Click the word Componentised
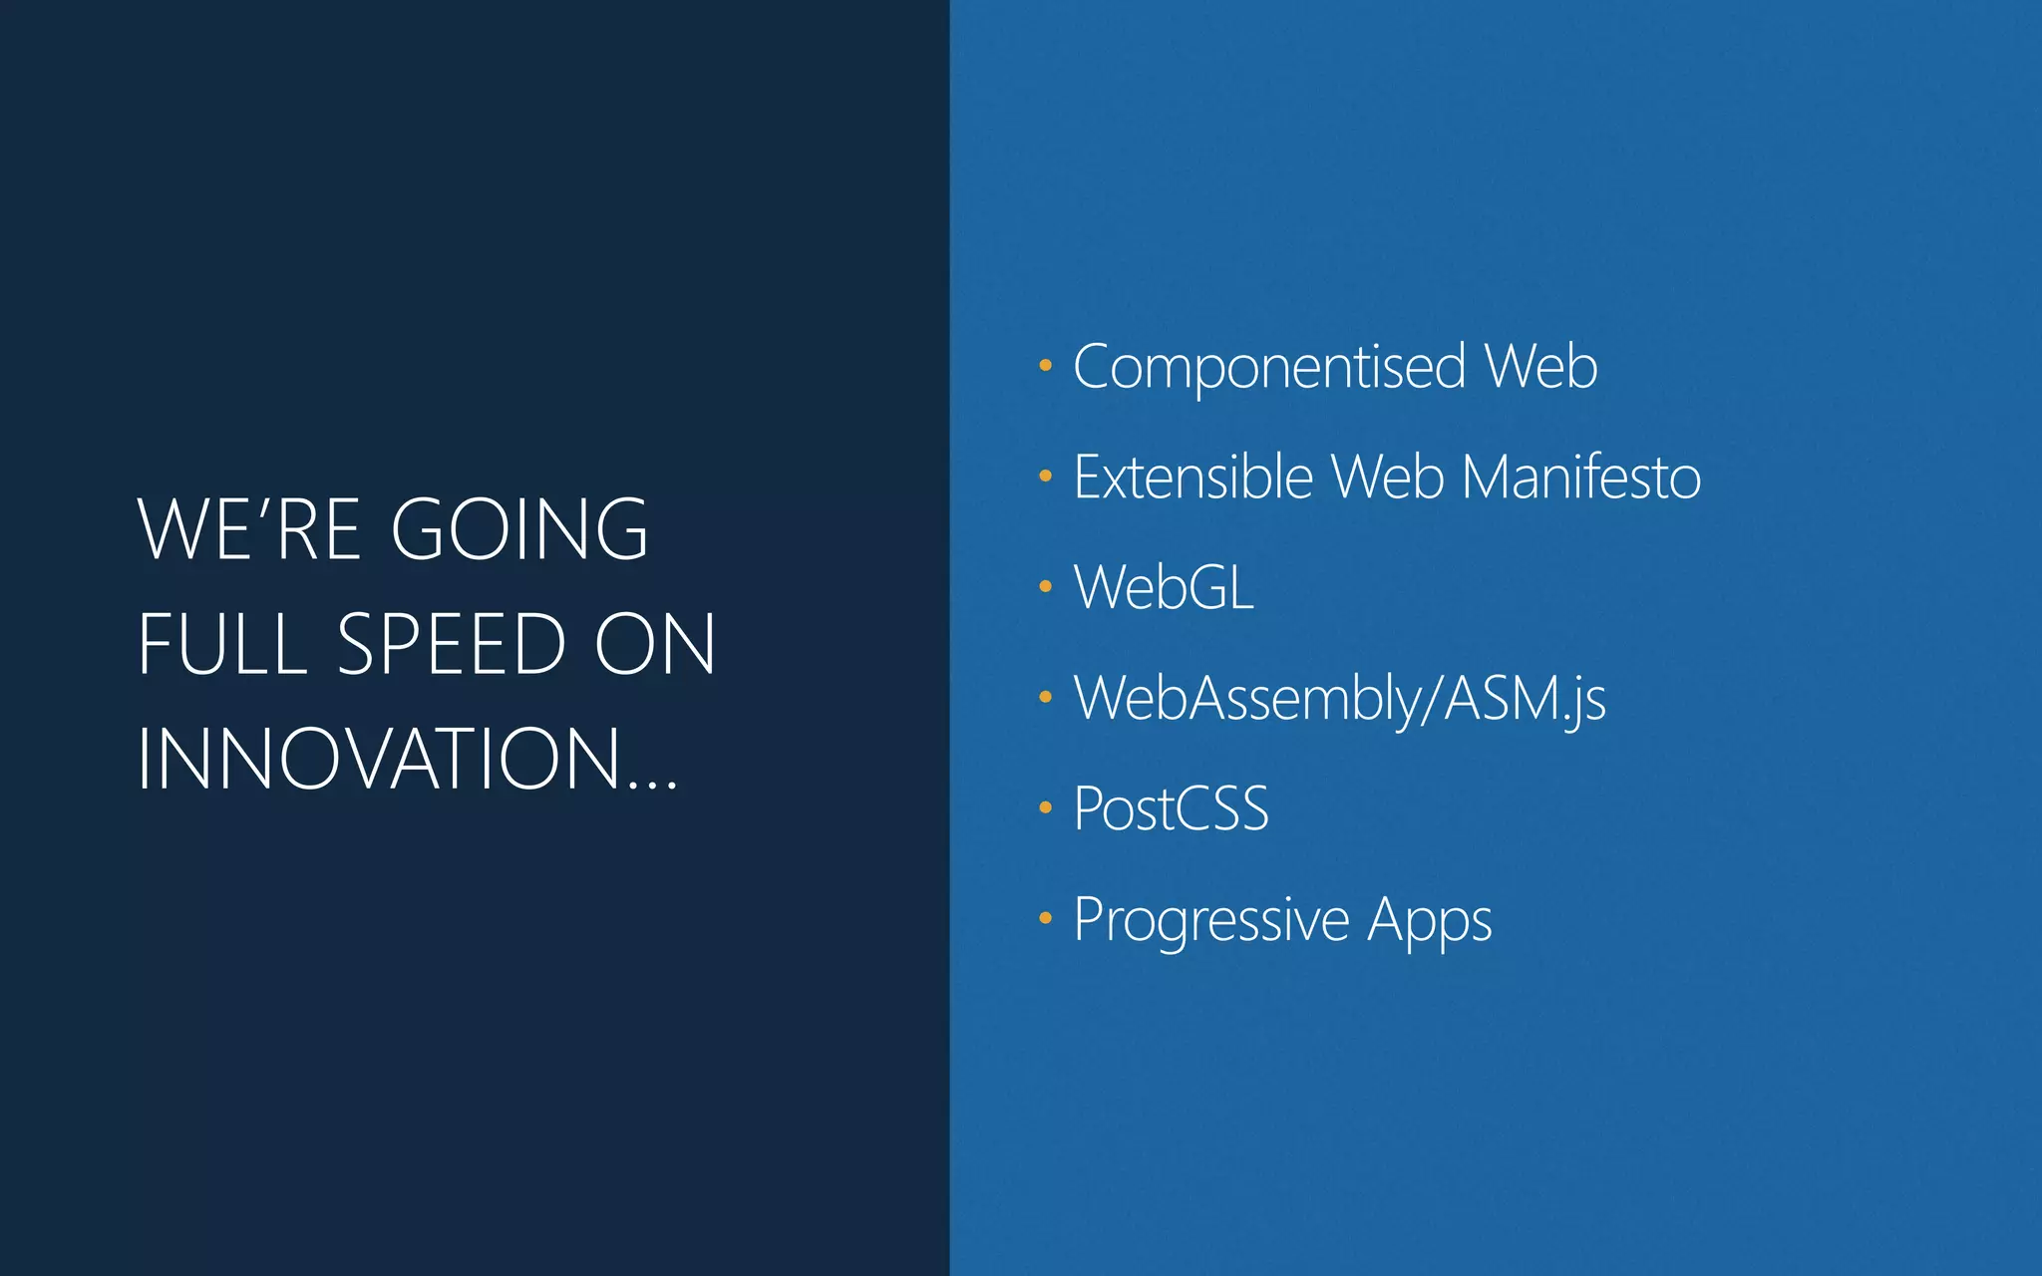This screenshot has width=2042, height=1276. pyautogui.click(x=1269, y=367)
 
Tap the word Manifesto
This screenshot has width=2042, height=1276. pyautogui.click(x=1581, y=477)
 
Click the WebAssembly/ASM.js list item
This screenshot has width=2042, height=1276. pyautogui.click(x=1339, y=698)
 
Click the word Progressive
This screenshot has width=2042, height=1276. pyautogui.click(x=1211, y=919)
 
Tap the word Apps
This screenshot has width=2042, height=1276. pyautogui.click(x=1429, y=919)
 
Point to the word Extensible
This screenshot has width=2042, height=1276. pyautogui.click(x=1192, y=477)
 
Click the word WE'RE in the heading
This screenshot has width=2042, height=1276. pyautogui.click(x=249, y=529)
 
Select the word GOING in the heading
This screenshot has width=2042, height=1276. pyautogui.click(x=519, y=529)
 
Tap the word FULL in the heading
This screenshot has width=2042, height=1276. pyautogui.click(x=222, y=644)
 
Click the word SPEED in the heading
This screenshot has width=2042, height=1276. pyautogui.click(x=453, y=644)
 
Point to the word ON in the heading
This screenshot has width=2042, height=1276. pyautogui.click(x=655, y=644)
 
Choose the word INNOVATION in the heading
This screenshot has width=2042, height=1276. pyautogui.click(x=380, y=760)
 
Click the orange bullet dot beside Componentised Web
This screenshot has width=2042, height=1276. pyautogui.click(x=1045, y=366)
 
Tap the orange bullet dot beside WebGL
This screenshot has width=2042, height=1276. pyautogui.click(x=1045, y=586)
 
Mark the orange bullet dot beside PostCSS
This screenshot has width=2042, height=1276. pyautogui.click(x=1045, y=807)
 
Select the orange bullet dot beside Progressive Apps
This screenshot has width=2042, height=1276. pyautogui.click(x=1045, y=918)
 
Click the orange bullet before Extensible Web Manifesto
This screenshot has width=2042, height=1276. pyautogui.click(x=1045, y=477)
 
